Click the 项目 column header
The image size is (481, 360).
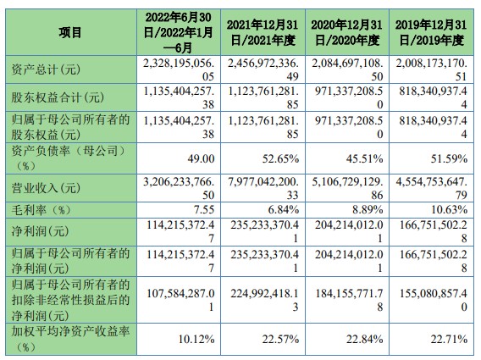point(70,32)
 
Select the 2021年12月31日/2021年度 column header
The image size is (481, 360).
point(263,32)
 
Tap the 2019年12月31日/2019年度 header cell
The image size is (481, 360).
point(431,32)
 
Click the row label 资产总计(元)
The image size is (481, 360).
point(46,69)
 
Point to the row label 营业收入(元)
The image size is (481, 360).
point(46,188)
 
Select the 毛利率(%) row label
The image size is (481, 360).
point(41,210)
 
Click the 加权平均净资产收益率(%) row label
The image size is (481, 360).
point(70,339)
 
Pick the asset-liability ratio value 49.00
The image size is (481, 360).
point(201,158)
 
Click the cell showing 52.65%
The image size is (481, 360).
point(280,158)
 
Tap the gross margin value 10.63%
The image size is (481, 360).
point(449,209)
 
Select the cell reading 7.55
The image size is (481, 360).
point(204,209)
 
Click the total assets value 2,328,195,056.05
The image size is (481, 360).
point(179,69)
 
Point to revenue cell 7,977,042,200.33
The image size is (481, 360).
point(263,188)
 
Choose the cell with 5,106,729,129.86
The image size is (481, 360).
point(347,188)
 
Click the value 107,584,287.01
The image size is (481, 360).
point(180,300)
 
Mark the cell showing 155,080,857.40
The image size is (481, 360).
point(433,300)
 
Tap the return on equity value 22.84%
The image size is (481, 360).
point(365,339)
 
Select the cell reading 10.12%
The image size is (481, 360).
point(196,339)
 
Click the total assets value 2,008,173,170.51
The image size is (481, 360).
point(431,69)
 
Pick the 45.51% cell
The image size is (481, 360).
point(365,158)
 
